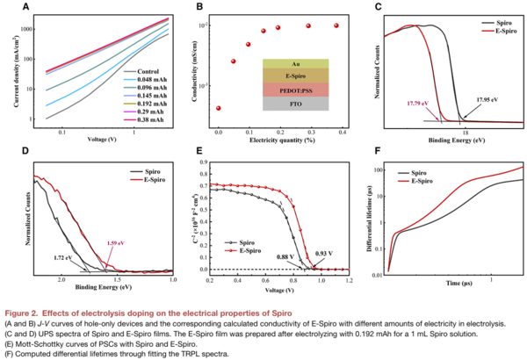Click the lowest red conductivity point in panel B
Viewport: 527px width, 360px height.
tap(219, 108)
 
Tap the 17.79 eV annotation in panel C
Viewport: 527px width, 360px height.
tap(417, 103)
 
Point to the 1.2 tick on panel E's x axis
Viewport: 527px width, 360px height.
tap(348, 278)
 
